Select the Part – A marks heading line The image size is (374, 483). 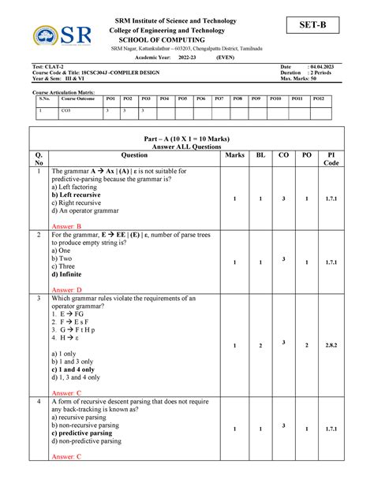coord(186,135)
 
